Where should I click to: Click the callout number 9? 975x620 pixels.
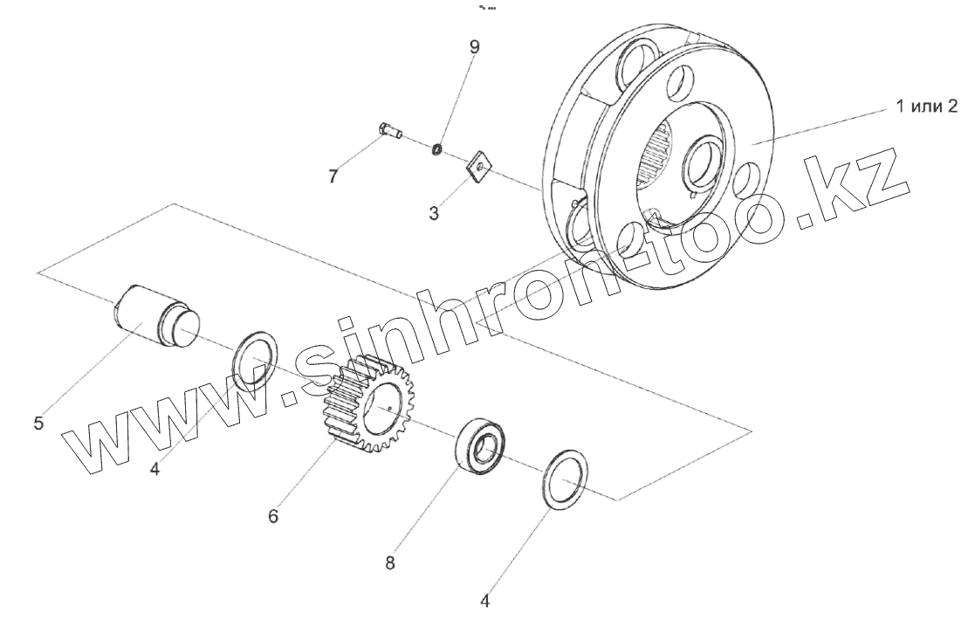click(475, 46)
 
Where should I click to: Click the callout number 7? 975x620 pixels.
click(333, 176)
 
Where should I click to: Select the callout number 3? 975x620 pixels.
click(434, 213)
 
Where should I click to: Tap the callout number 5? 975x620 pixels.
click(38, 424)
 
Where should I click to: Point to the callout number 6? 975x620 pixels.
click(273, 516)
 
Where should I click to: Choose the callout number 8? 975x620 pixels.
click(390, 563)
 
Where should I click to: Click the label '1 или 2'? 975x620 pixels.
click(926, 107)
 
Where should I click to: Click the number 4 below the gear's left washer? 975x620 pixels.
click(154, 469)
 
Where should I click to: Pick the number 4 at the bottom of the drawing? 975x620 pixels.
click(485, 602)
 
